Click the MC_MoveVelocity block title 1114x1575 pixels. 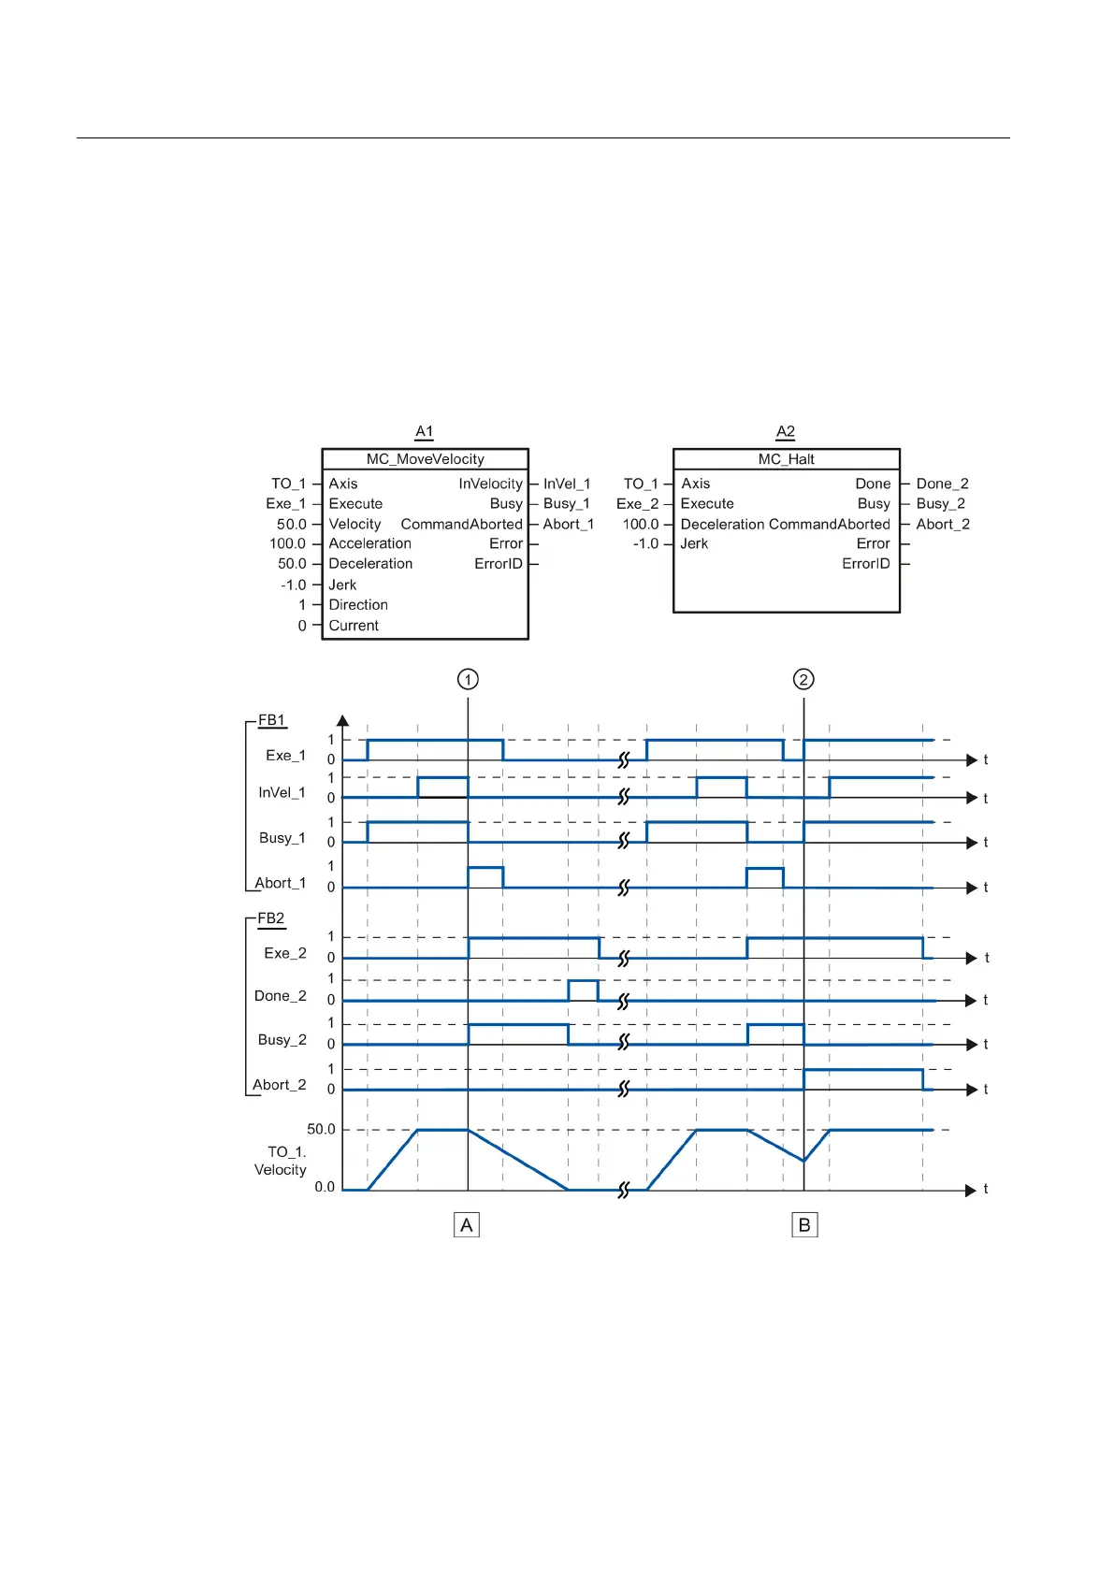coord(426,459)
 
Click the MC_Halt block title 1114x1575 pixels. coord(786,459)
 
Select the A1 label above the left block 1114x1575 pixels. coord(425,431)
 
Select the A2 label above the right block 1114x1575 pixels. coord(786,431)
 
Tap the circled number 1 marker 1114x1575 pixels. coord(468,679)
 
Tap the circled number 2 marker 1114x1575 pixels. coord(803,679)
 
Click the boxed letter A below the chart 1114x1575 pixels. coord(467,1225)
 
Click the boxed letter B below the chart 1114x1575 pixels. coord(804,1225)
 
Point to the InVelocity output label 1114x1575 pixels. coord(490,484)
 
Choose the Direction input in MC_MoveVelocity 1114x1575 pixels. coord(358,605)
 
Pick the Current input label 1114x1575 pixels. coord(354,626)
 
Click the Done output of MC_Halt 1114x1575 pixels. coord(873,484)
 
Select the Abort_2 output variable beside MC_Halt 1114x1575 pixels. coord(943,525)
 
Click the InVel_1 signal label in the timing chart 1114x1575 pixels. coord(282,793)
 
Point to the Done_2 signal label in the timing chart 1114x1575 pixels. coord(281,996)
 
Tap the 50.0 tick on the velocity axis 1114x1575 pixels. coord(321,1130)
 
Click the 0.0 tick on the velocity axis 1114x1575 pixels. coord(324,1187)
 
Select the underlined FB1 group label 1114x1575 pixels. coord(272,720)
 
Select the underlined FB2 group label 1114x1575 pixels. coord(271,918)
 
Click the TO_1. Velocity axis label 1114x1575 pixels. coord(281,1161)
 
